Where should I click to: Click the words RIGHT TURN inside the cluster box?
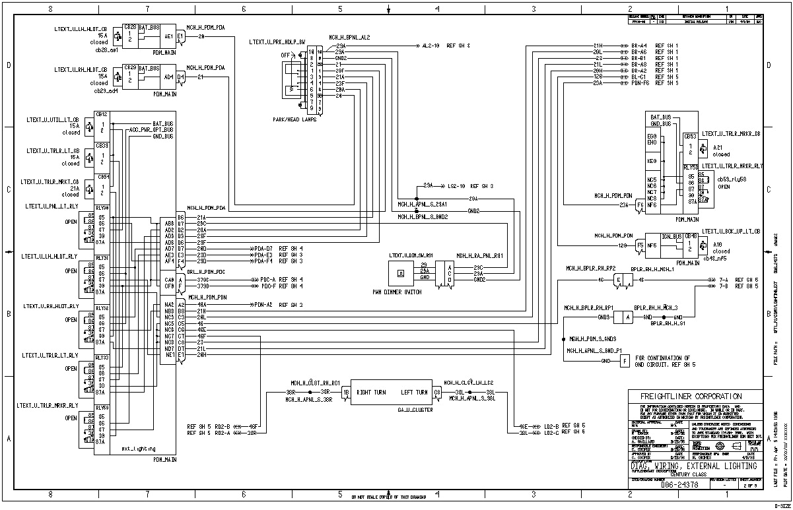click(x=372, y=392)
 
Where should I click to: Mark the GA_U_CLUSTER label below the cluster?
click(x=393, y=409)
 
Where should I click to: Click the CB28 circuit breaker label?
click(x=130, y=28)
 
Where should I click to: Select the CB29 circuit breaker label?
click(x=130, y=68)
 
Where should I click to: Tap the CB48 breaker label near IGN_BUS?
click(x=690, y=236)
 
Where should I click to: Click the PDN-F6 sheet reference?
click(x=639, y=83)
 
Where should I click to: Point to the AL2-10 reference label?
click(x=432, y=46)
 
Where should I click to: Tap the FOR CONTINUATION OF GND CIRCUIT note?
click(x=662, y=362)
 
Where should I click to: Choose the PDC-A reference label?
click(x=264, y=280)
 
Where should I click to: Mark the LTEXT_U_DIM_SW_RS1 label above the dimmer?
click(x=410, y=255)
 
